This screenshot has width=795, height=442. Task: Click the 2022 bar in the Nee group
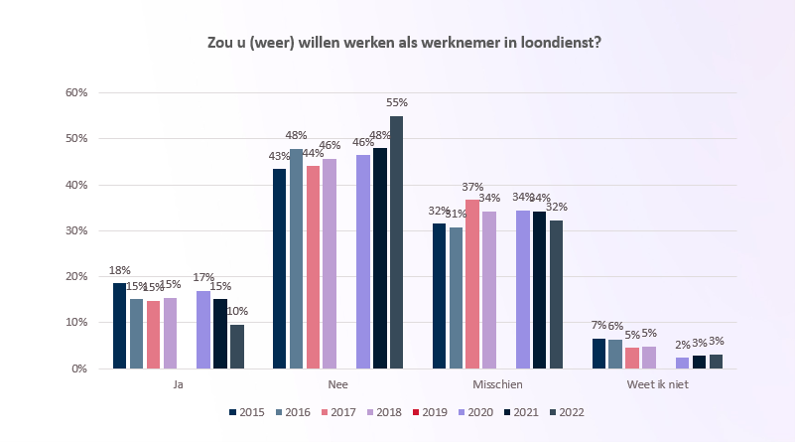pyautogui.click(x=396, y=242)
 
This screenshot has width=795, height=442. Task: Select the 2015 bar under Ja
pyautogui.click(x=119, y=326)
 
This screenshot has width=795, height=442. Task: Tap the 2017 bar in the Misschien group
pyautogui.click(x=472, y=284)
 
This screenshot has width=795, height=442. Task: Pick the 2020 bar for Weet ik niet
pyautogui.click(x=682, y=363)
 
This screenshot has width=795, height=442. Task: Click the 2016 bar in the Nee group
pyautogui.click(x=296, y=258)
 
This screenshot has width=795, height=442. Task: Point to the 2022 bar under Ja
pyautogui.click(x=236, y=347)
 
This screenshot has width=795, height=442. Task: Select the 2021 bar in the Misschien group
pyautogui.click(x=539, y=290)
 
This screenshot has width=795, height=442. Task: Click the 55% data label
pyautogui.click(x=397, y=103)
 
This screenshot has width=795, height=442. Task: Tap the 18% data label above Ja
pyautogui.click(x=120, y=270)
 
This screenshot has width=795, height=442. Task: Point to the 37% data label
pyautogui.click(x=472, y=187)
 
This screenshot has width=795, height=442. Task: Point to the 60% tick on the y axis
pyautogui.click(x=76, y=92)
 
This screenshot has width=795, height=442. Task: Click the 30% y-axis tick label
pyautogui.click(x=76, y=230)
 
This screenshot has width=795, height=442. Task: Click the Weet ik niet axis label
pyautogui.click(x=657, y=384)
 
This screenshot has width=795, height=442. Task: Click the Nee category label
pyautogui.click(x=337, y=384)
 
